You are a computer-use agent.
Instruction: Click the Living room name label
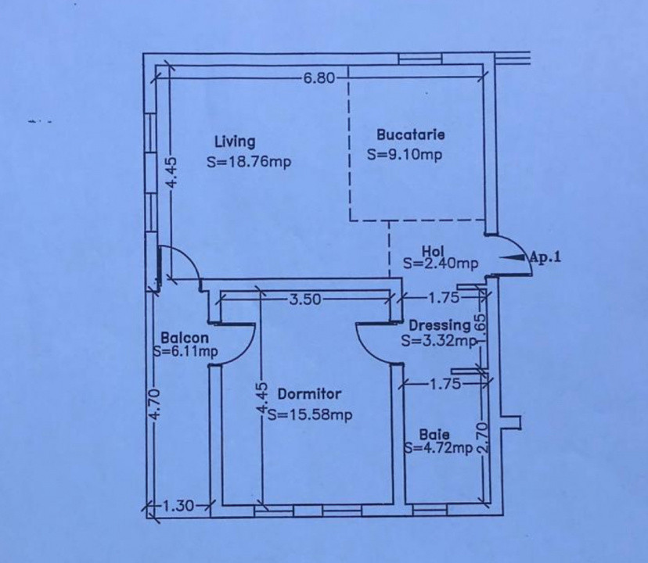(x=235, y=142)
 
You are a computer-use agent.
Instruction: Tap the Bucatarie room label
(x=411, y=134)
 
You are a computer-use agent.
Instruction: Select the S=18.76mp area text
(x=249, y=162)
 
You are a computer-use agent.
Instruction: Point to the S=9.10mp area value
(x=405, y=155)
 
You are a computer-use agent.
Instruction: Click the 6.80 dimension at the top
(x=319, y=77)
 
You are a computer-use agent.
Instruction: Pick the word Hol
(x=433, y=251)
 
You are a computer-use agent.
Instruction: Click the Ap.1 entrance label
(x=545, y=257)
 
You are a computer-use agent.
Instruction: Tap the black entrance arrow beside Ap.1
(x=513, y=257)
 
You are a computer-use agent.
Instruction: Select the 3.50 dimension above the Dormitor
(x=305, y=299)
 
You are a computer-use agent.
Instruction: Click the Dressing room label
(x=440, y=325)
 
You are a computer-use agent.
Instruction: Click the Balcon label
(x=185, y=338)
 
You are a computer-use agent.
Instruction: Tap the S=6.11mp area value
(x=185, y=352)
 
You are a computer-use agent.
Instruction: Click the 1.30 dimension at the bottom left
(x=178, y=506)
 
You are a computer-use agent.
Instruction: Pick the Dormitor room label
(x=310, y=393)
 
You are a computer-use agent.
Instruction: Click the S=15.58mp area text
(x=310, y=414)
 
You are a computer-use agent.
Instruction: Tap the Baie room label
(x=434, y=435)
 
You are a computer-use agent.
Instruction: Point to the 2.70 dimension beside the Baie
(x=483, y=437)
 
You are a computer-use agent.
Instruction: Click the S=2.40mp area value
(x=441, y=263)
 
